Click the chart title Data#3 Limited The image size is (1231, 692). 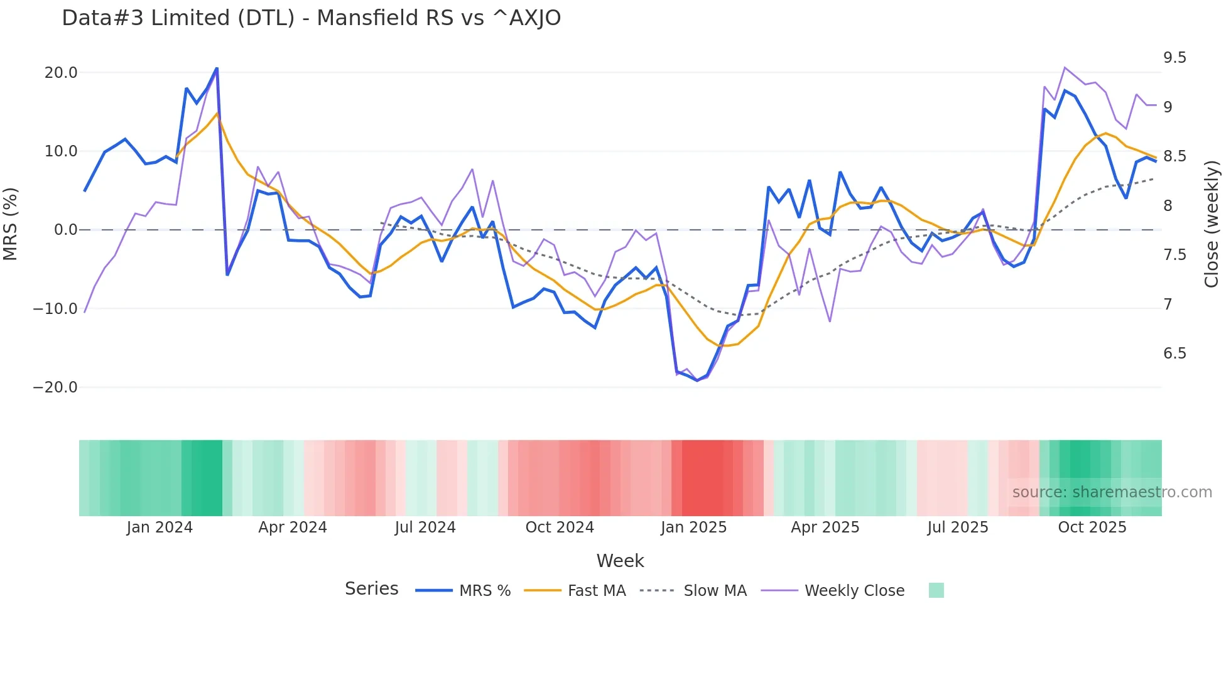tap(311, 18)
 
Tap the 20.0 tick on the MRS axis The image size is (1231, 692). tap(61, 73)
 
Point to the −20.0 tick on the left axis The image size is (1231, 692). tap(55, 387)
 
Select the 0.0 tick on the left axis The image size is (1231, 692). tap(65, 230)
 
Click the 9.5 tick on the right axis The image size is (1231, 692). tap(1174, 58)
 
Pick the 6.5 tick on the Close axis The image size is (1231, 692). tap(1174, 354)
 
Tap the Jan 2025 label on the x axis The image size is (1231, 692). tap(693, 527)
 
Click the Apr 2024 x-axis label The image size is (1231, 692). tap(293, 527)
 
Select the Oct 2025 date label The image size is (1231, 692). tap(1092, 527)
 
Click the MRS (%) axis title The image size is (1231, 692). tap(11, 224)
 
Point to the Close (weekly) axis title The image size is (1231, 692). tap(1212, 224)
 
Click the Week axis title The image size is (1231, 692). tap(620, 561)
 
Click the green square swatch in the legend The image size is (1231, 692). tap(936, 590)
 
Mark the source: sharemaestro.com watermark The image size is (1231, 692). tap(1112, 492)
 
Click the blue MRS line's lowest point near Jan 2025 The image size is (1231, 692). tap(697, 381)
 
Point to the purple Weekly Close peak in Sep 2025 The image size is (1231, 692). tap(1065, 67)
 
